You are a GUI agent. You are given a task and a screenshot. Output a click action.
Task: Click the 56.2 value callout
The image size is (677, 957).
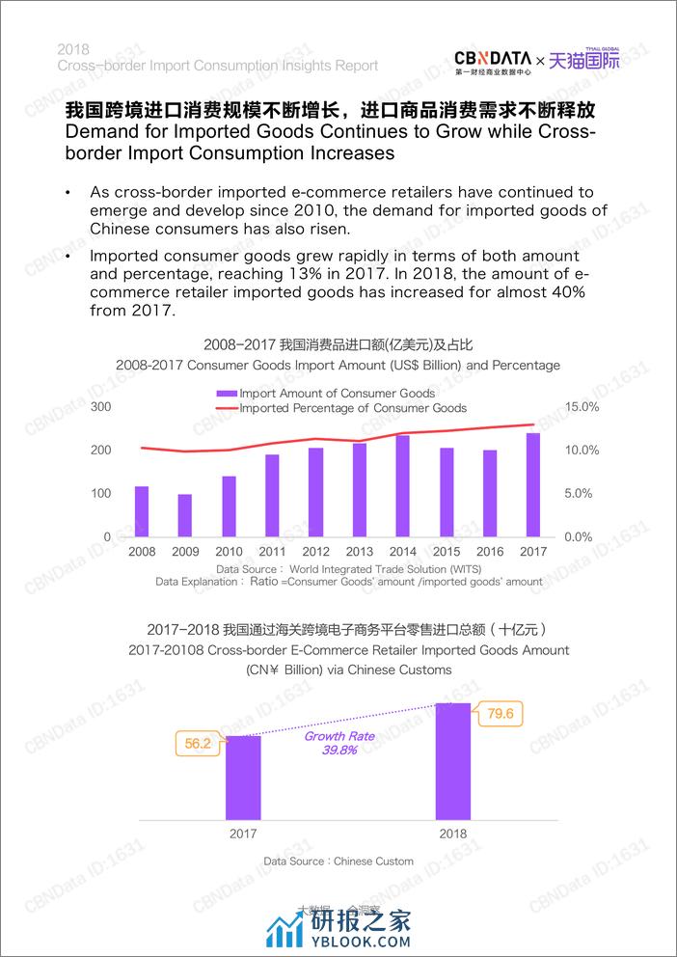point(198,744)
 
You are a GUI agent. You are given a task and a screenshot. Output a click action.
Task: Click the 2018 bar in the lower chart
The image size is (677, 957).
point(453,761)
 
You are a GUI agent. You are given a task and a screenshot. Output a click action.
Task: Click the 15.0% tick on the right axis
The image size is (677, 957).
point(582,407)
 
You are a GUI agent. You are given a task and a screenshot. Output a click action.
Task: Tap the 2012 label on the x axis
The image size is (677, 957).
point(316,551)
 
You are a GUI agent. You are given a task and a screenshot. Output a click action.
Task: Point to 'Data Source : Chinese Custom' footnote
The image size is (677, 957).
point(338,861)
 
